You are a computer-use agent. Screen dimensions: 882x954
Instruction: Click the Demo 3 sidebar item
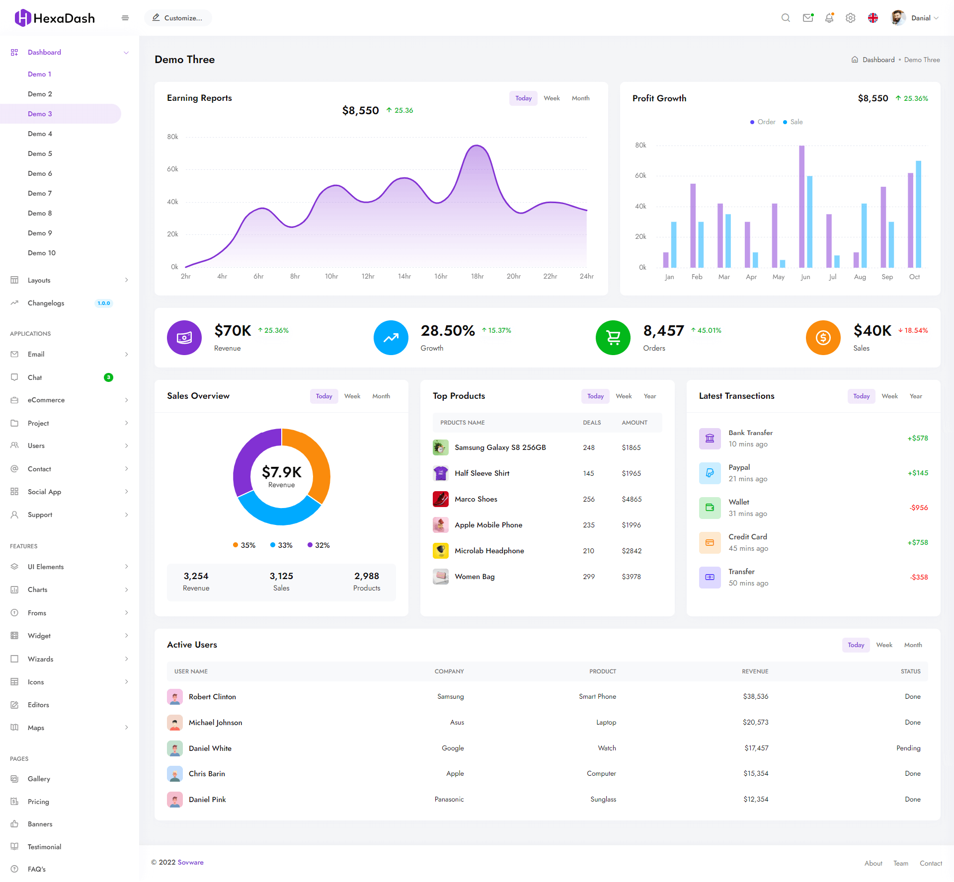[x=40, y=114]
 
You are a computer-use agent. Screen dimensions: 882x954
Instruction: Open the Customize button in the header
[x=178, y=18]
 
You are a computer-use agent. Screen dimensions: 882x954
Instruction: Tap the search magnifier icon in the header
[x=786, y=18]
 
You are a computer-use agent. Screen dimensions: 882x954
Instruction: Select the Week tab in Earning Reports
[x=552, y=98]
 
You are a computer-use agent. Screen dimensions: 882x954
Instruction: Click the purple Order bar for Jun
[x=801, y=206]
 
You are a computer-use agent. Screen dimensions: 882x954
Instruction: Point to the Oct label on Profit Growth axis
[x=914, y=277]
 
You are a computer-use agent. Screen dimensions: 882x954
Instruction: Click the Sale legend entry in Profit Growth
[x=793, y=122]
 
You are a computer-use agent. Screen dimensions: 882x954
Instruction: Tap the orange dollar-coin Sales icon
[x=823, y=338]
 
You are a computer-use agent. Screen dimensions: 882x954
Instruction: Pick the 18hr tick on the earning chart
[x=477, y=277]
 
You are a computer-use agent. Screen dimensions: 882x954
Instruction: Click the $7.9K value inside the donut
[x=282, y=472]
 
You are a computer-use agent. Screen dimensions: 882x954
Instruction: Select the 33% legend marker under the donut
[x=273, y=545]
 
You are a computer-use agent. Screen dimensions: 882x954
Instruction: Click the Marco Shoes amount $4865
[x=632, y=499]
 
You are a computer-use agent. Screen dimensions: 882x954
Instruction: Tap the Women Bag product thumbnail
[x=441, y=577]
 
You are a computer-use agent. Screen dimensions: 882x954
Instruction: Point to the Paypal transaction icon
[x=710, y=473]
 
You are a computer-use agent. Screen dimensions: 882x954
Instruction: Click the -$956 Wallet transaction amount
[x=919, y=508]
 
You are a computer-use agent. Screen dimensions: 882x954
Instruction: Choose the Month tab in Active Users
[x=913, y=645]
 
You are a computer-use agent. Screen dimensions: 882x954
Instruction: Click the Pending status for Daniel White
[x=908, y=748]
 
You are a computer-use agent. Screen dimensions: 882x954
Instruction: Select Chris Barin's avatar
[x=175, y=774]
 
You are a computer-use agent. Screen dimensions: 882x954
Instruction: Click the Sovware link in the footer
[x=191, y=863]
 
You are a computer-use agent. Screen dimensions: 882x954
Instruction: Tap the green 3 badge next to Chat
[x=108, y=377]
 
